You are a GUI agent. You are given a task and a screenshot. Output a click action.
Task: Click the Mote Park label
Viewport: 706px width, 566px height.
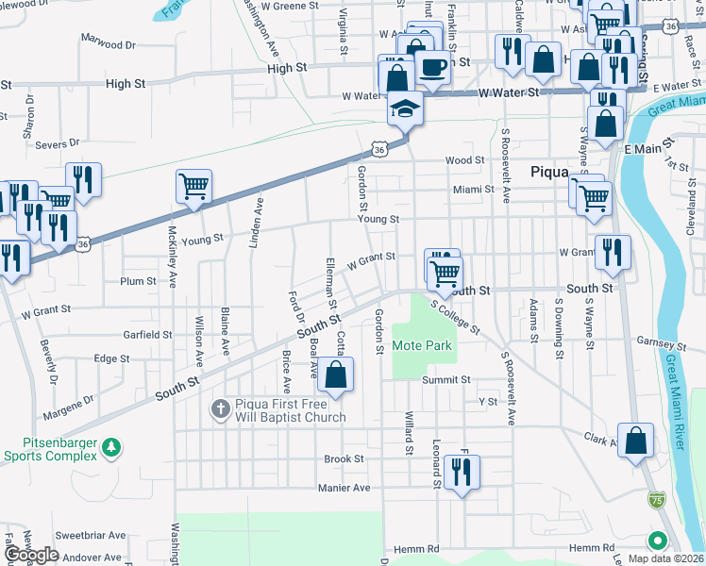click(x=422, y=346)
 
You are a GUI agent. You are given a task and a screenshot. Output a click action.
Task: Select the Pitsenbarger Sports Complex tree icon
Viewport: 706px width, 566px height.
click(x=112, y=446)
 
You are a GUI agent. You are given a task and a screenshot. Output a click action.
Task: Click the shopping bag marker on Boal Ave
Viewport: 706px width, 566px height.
click(x=335, y=375)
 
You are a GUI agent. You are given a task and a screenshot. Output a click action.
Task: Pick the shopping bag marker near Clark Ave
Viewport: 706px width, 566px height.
click(x=636, y=441)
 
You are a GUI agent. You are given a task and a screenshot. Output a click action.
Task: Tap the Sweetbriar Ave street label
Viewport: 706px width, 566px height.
click(x=90, y=535)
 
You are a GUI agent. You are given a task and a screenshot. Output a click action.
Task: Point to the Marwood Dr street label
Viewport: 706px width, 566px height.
click(x=109, y=44)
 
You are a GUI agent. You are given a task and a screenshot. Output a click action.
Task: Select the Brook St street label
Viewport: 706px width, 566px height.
click(x=344, y=459)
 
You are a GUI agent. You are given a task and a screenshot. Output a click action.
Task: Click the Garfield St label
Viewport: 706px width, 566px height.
click(x=147, y=334)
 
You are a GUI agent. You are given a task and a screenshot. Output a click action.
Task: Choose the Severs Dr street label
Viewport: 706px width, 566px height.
click(x=57, y=144)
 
